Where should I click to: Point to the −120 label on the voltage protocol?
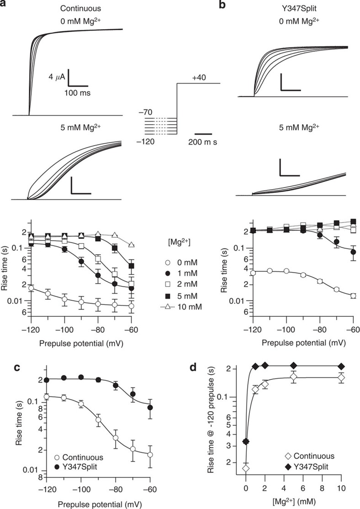tap(145, 142)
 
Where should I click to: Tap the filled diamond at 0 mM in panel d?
tap(246, 441)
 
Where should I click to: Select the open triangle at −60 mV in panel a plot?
tap(132, 245)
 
